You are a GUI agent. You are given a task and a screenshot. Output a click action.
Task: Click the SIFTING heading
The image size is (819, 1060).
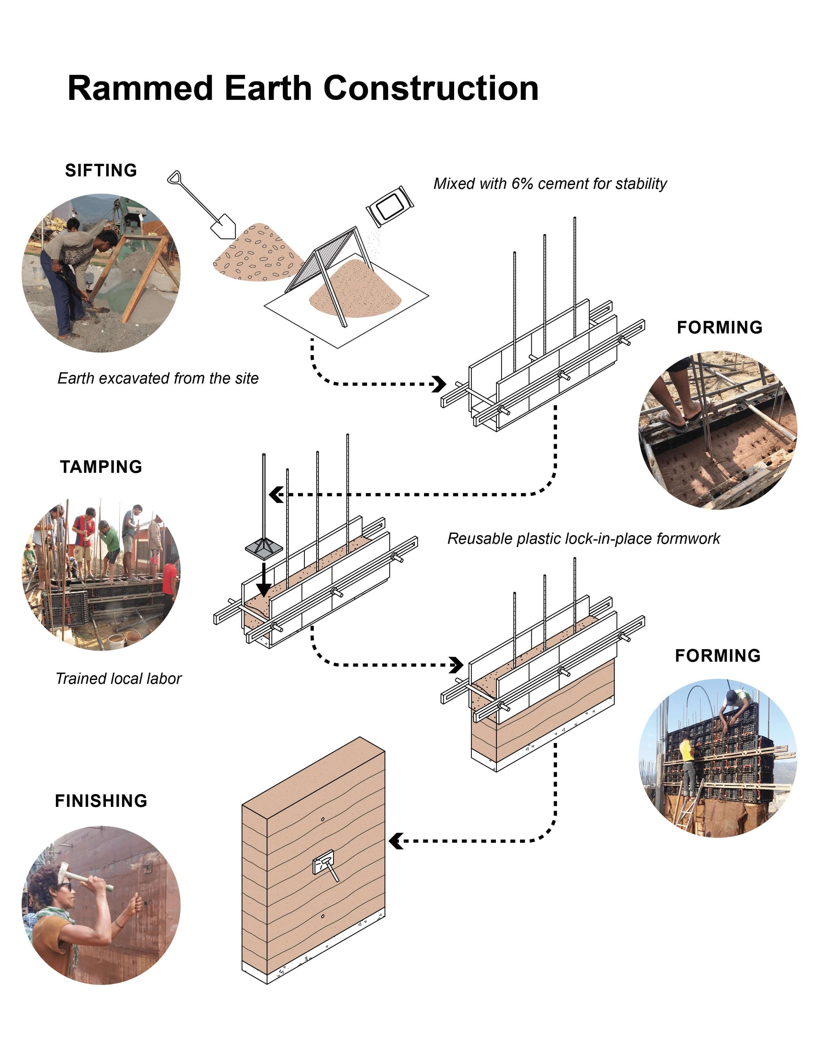[101, 170]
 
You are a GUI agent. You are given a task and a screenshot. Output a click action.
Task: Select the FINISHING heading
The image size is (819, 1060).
[101, 801]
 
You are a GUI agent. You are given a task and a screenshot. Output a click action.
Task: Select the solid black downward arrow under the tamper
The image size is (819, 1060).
[263, 580]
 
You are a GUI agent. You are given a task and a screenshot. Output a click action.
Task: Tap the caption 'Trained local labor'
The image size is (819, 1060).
[119, 678]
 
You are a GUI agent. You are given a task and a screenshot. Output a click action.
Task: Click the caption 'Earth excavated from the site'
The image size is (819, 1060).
[158, 378]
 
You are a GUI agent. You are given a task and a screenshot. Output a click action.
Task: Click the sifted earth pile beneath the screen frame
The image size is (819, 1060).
[357, 291]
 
